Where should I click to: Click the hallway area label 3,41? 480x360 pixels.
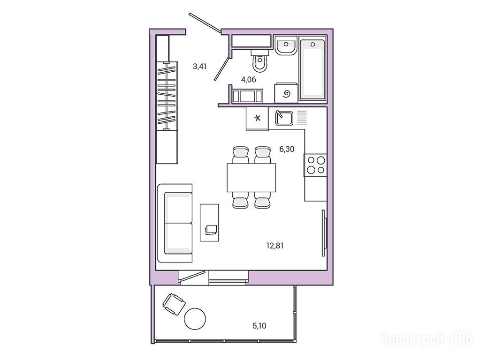pos(199,67)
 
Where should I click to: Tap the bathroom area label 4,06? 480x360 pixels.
pos(248,80)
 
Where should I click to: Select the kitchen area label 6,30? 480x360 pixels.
pos(287,149)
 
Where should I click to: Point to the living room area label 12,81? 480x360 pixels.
pos(274,246)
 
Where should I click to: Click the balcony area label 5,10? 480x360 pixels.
pos(259,326)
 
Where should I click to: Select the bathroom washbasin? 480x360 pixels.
pos(286,45)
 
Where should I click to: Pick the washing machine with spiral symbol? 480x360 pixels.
pos(286,93)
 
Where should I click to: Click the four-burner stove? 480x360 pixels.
pos(316,165)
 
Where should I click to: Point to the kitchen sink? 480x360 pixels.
pos(284,118)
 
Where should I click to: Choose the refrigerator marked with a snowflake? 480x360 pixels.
pos(257,119)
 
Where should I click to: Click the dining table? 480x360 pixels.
pos(251,178)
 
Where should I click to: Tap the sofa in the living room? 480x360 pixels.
pos(175,223)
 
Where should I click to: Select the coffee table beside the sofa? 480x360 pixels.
pos(209,222)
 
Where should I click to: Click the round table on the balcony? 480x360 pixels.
pos(195,319)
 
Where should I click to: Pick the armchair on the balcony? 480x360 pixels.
pos(174,304)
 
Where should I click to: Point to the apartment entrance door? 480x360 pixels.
pos(205,22)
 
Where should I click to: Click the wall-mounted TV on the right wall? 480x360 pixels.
pos(324,233)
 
